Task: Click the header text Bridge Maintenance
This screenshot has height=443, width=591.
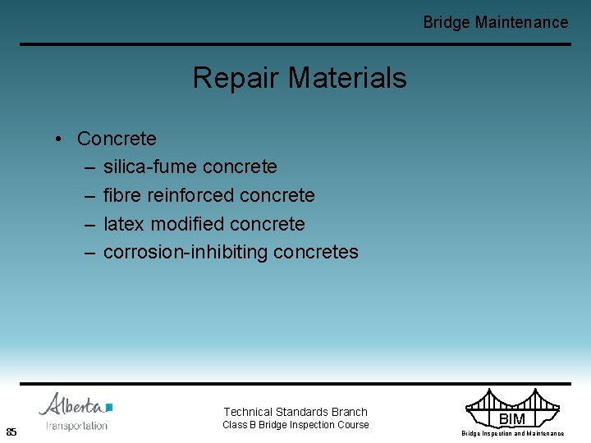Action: click(495, 22)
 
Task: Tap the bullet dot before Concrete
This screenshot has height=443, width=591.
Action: click(60, 138)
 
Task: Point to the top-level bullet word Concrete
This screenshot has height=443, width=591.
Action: click(117, 138)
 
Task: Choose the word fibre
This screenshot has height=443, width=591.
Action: click(122, 195)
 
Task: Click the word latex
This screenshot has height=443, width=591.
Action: click(124, 224)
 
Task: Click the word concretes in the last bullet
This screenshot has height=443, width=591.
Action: click(316, 252)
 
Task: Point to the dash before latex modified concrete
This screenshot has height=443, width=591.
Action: click(89, 224)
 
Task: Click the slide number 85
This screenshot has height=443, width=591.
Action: click(11, 432)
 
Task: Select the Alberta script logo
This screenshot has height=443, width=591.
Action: click(74, 405)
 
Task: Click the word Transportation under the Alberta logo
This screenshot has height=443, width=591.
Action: click(76, 425)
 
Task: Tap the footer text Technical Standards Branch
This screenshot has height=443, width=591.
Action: click(295, 412)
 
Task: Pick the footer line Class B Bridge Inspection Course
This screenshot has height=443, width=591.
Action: click(295, 425)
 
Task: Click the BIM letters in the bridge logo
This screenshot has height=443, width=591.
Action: click(512, 419)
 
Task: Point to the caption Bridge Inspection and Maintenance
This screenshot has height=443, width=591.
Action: click(512, 433)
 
